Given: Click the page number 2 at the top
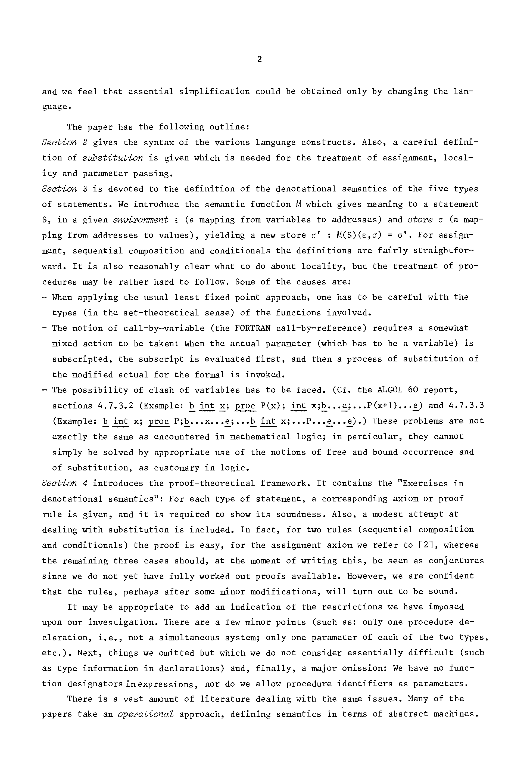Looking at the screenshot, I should pos(259,59).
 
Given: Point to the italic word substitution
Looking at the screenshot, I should pos(113,158).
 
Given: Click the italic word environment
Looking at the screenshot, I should pos(141,220).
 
